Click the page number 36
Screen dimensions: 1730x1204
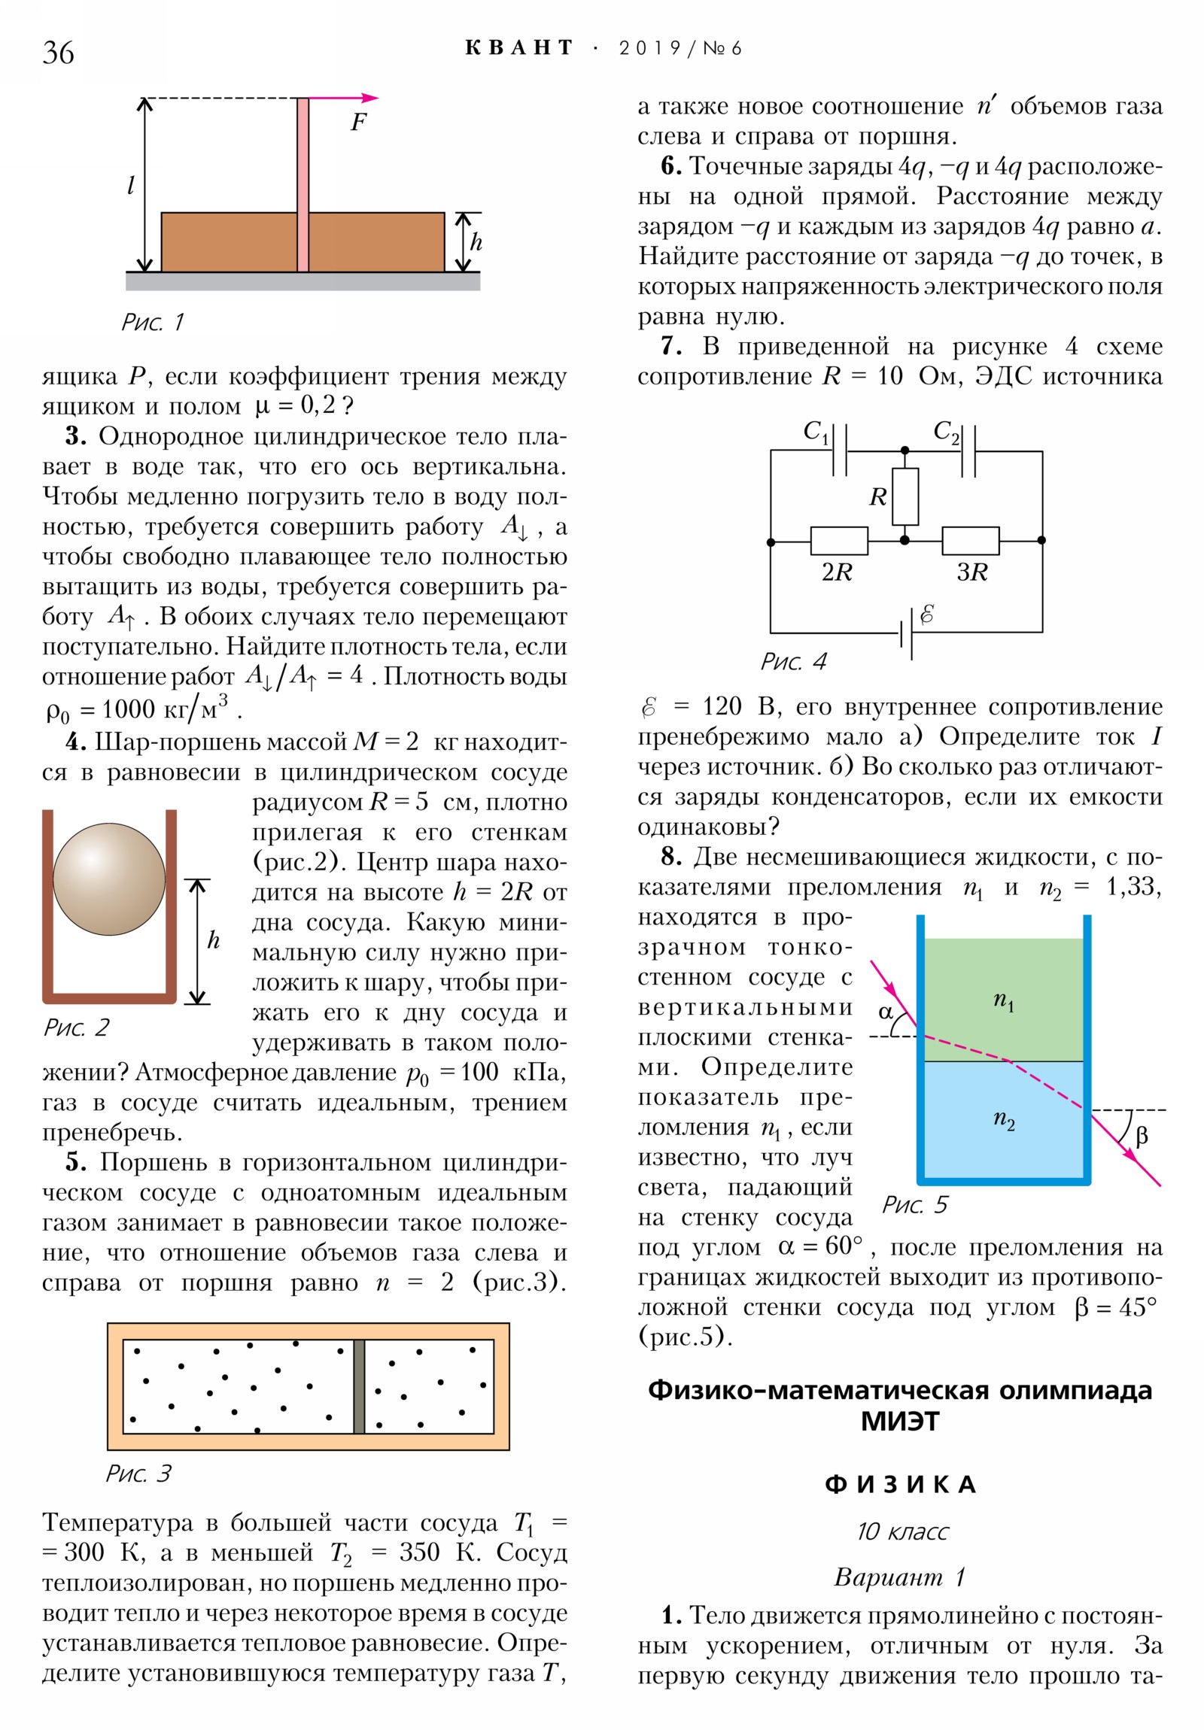click(58, 53)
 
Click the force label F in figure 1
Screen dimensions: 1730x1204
click(358, 122)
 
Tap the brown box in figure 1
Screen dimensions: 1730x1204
click(227, 242)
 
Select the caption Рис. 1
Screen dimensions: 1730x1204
click(152, 323)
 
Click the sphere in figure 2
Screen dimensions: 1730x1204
click(109, 879)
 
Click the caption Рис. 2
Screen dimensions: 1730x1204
click(76, 1027)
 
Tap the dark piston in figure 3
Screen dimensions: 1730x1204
click(359, 1386)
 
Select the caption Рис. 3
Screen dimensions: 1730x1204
click(138, 1473)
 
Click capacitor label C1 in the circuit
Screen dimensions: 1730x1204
click(815, 432)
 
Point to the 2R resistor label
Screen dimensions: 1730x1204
click(836, 572)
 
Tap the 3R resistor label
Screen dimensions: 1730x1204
click(971, 572)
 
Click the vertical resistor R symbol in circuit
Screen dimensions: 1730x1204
click(905, 496)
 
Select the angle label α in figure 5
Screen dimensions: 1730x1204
click(886, 1012)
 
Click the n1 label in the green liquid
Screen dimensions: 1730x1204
click(1004, 1000)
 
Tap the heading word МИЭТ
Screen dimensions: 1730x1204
click(899, 1422)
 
